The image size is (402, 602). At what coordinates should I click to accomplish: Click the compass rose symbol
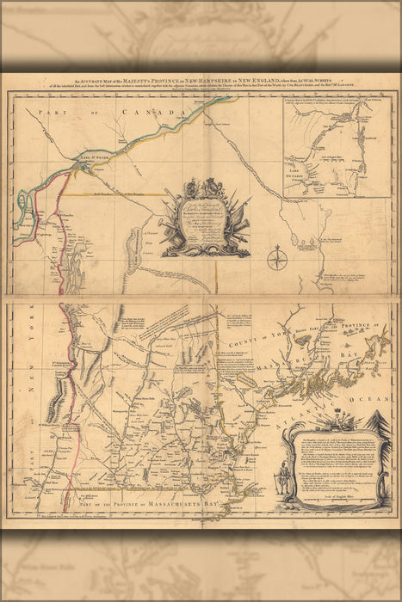pyautogui.click(x=276, y=259)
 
